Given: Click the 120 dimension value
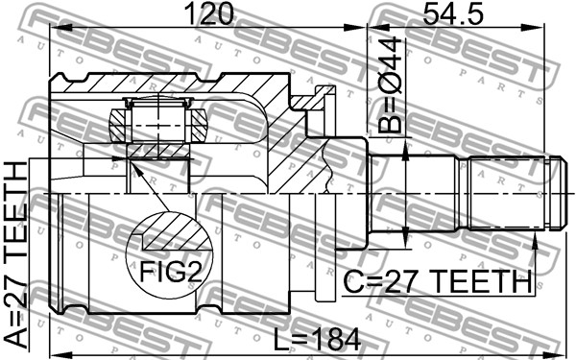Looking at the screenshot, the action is pos(209,13).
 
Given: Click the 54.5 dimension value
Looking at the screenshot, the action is pos(453,13).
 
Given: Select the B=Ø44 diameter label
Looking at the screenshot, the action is pos(390,84).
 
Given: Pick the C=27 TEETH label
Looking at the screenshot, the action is pos(438,281).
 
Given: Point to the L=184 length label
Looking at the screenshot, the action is pos(318,340).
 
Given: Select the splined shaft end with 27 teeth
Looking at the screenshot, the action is pos(507,194).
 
